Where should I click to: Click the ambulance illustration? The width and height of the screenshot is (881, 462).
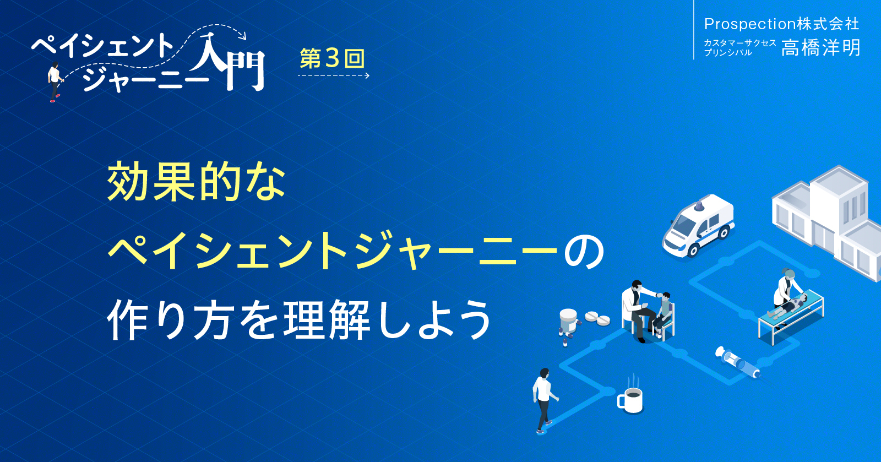698,226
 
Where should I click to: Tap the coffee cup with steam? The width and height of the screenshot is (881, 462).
631,399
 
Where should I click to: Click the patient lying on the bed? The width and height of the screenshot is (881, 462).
790,306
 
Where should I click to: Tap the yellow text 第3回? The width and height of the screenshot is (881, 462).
332,59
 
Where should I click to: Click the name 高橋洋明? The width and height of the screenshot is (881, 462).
820,48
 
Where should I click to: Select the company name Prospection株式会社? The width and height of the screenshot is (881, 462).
781,24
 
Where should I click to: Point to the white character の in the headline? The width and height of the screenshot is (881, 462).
584,251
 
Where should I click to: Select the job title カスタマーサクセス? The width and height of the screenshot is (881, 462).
739,42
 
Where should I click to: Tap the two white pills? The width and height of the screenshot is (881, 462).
597,318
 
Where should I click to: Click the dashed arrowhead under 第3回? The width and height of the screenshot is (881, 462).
367,76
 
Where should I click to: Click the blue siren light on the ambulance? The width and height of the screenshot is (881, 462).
699,206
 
